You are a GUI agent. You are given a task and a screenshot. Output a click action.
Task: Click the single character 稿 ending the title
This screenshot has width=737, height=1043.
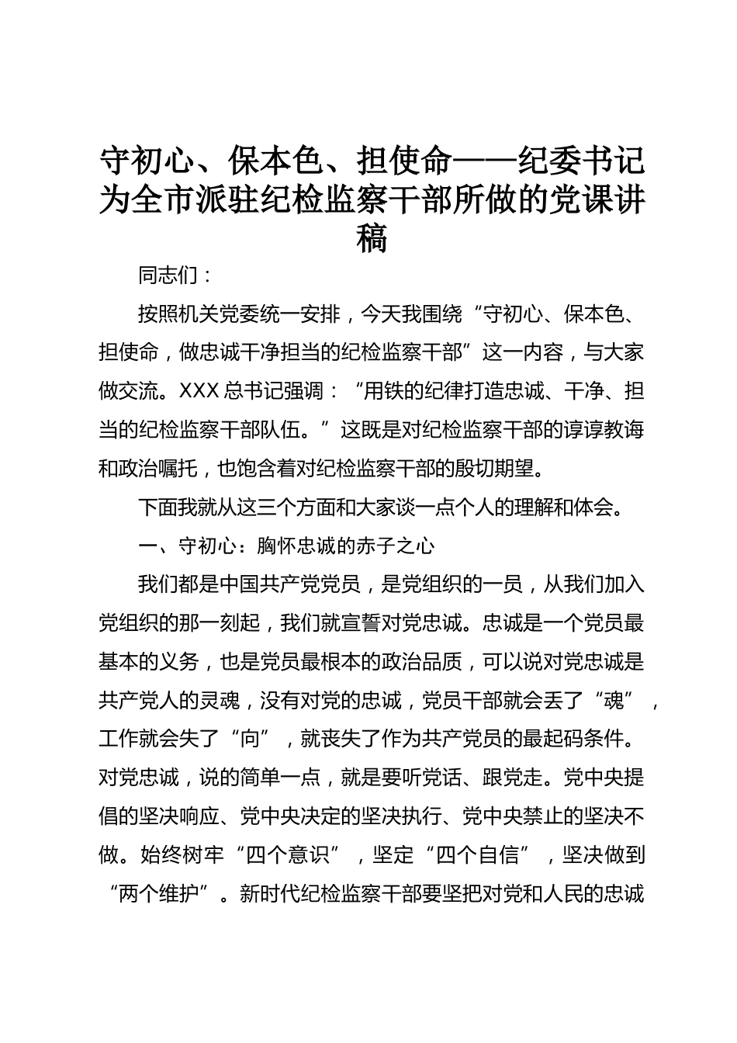372,237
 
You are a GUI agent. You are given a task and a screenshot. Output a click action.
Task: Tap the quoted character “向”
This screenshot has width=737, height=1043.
250,740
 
